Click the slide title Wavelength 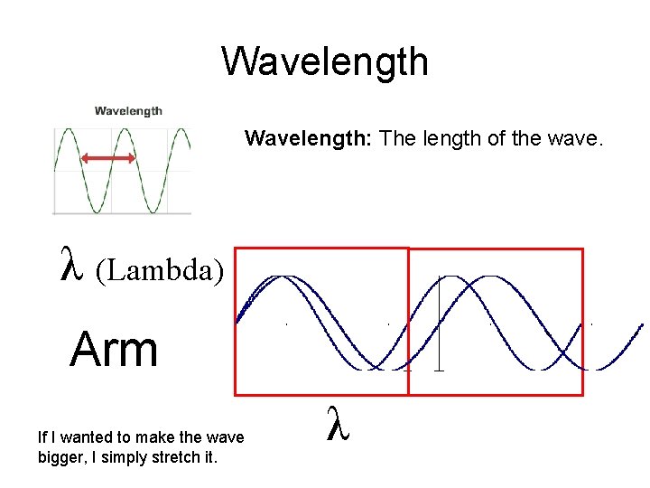click(x=325, y=62)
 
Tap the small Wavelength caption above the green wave click(x=129, y=111)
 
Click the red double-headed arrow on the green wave click(x=108, y=159)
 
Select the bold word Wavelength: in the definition click(x=310, y=138)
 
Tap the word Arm click(x=114, y=350)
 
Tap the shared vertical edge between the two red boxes click(x=408, y=321)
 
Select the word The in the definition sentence click(x=395, y=138)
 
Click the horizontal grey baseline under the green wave click(x=122, y=213)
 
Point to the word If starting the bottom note click(x=42, y=437)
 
